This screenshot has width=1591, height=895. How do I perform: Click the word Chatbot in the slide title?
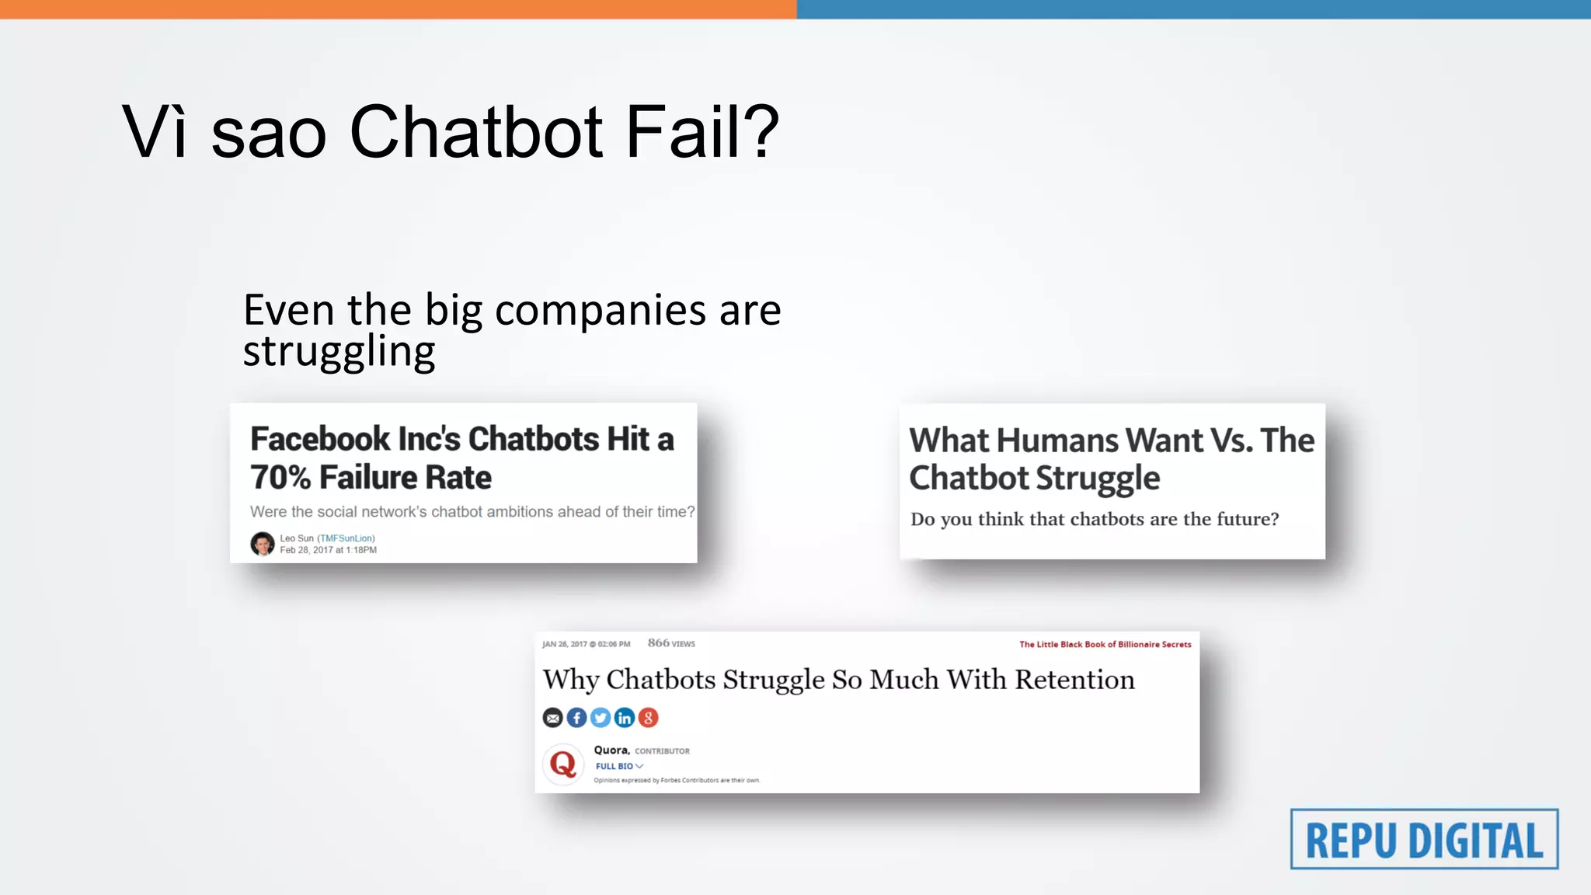click(476, 132)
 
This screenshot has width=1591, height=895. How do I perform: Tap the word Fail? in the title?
click(702, 132)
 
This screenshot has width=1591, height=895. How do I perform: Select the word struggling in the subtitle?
click(339, 352)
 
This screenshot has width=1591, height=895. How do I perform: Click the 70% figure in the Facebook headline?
click(280, 477)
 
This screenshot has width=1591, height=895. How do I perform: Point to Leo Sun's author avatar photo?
click(262, 543)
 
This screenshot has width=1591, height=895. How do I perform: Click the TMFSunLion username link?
click(346, 538)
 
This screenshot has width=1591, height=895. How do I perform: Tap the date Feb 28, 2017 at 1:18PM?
click(328, 550)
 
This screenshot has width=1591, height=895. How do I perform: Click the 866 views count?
click(671, 643)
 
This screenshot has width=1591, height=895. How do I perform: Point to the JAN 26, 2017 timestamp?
click(586, 644)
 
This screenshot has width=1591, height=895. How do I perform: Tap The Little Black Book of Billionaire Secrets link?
click(1105, 644)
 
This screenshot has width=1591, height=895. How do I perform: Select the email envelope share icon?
click(552, 718)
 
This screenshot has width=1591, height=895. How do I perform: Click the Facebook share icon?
click(576, 718)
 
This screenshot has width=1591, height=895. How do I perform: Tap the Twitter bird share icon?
click(601, 718)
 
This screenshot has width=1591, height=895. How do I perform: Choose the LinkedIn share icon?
click(625, 718)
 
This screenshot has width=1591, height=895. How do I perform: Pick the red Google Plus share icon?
click(649, 718)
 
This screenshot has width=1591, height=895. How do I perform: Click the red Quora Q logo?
click(563, 764)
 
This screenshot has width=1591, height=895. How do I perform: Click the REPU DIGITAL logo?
click(1424, 839)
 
